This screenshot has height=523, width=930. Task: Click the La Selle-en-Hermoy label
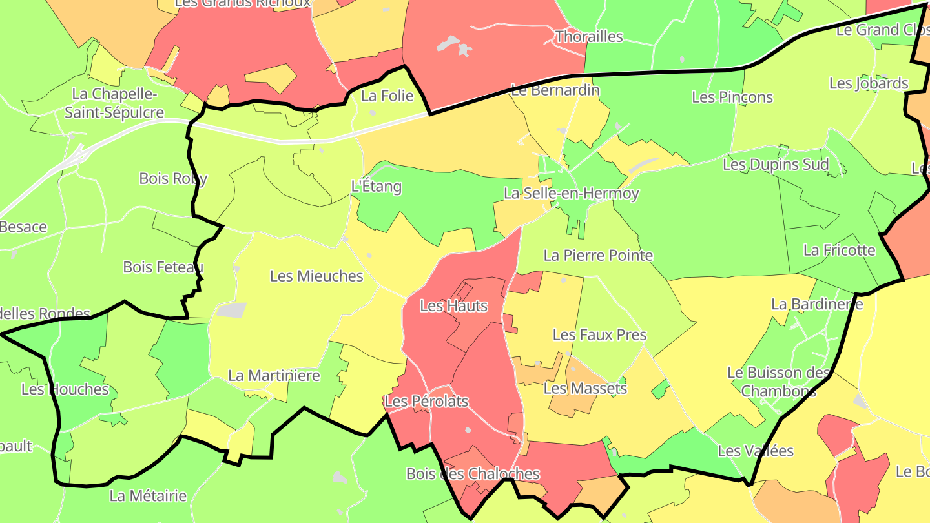tap(571, 193)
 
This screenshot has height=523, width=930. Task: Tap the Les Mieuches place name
tap(316, 276)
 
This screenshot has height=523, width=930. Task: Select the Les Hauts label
tap(453, 305)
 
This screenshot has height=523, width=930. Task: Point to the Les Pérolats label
tap(426, 402)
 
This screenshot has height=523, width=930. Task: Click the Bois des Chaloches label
tap(473, 474)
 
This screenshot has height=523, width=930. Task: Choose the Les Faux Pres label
tap(599, 334)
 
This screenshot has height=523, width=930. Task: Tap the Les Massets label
tap(585, 388)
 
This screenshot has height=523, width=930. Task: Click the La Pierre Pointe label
tap(598, 255)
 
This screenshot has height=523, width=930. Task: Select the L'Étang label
tap(376, 187)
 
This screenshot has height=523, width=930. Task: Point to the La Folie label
tap(387, 96)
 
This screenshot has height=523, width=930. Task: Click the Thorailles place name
tap(589, 36)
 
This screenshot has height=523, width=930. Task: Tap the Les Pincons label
tap(732, 97)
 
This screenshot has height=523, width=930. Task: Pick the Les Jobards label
tap(869, 83)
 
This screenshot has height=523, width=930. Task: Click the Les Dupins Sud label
tap(775, 164)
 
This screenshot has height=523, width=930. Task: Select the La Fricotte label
tap(839, 250)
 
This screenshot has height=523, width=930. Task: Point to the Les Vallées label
tap(756, 451)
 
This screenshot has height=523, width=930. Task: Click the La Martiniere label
tap(274, 375)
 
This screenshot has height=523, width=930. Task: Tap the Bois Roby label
tap(173, 179)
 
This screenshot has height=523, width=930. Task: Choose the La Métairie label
tap(148, 496)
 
